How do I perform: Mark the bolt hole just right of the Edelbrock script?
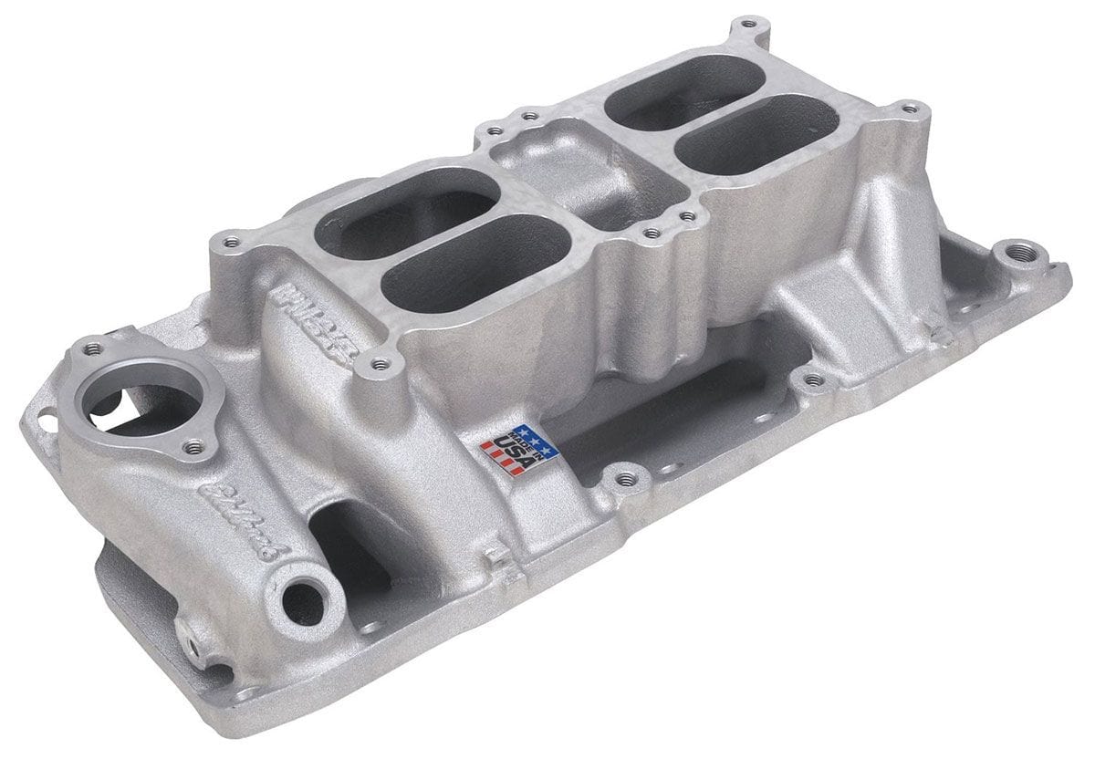(x=381, y=365)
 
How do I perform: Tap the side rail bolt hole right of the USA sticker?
(x=625, y=477)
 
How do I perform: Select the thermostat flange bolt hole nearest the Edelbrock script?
(x=193, y=447)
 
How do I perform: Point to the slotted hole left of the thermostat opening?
(x=41, y=421)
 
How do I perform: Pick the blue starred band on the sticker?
(x=535, y=439)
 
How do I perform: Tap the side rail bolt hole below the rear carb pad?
(x=811, y=379)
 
